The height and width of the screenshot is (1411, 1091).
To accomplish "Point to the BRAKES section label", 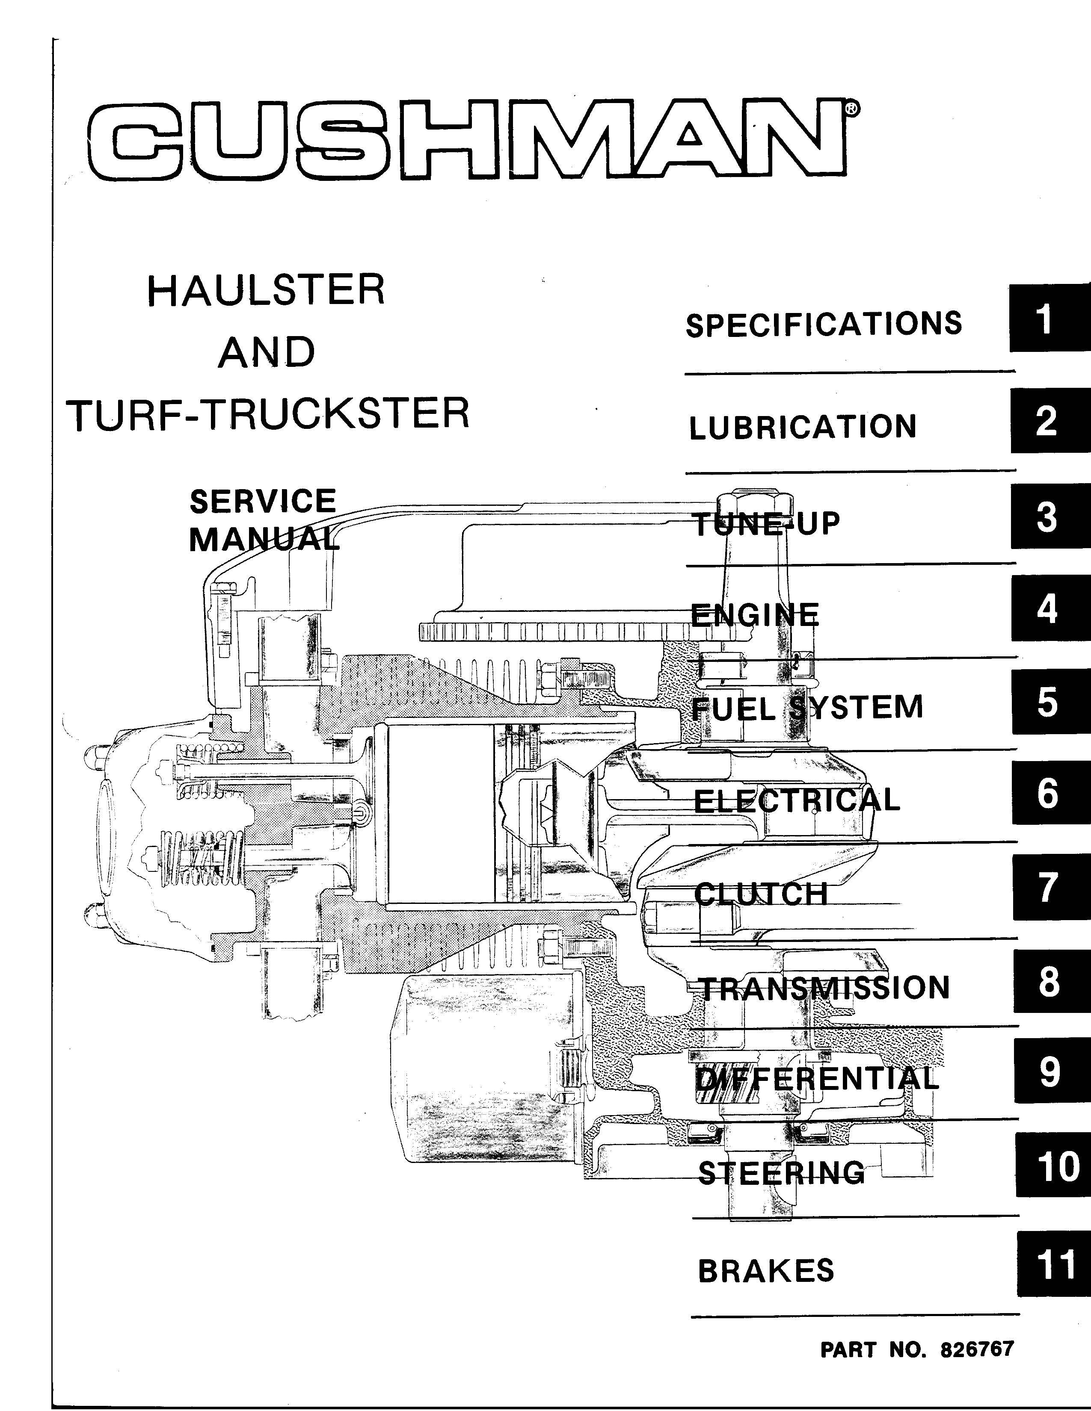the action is pos(766,1271).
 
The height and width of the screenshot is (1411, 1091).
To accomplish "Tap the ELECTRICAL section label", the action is pos(797,800).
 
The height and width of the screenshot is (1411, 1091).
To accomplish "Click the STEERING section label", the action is pos(781,1172).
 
